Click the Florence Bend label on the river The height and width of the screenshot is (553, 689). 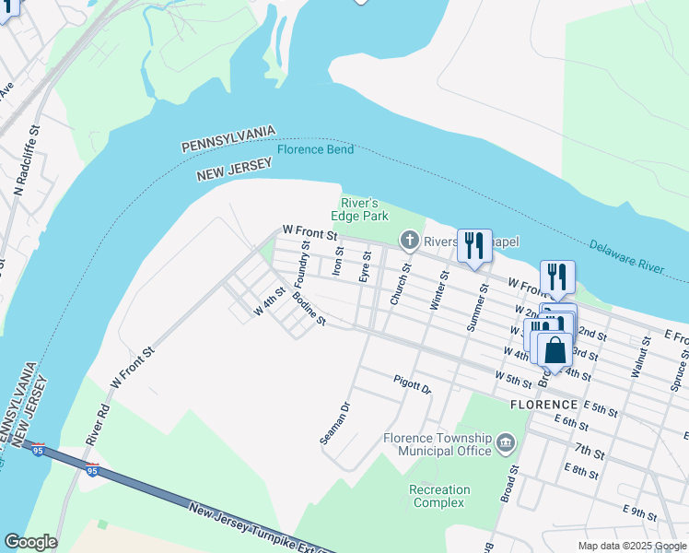coord(315,149)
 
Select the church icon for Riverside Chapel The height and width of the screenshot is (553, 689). coord(410,241)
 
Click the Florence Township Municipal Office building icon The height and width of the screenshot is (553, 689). coord(506,444)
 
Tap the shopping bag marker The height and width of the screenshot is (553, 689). coord(555,350)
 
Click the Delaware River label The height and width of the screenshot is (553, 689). coord(626,257)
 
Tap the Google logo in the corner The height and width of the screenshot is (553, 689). coord(30,542)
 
